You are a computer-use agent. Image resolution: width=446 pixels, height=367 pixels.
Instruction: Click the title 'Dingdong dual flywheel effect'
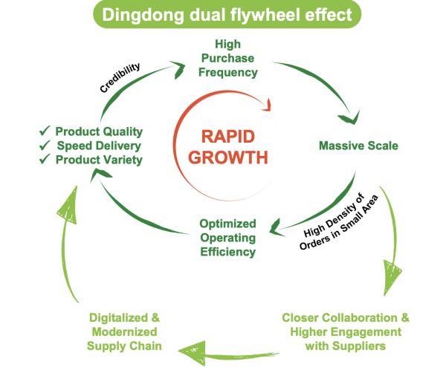[x=224, y=15]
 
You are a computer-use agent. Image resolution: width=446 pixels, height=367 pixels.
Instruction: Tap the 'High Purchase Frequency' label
[x=235, y=59]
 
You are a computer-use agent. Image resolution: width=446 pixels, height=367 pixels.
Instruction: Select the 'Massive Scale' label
[x=358, y=146]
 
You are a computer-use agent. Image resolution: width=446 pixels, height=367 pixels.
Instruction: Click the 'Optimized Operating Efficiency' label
[x=227, y=237]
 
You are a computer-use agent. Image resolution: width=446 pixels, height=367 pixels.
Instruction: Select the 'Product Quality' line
[x=99, y=131]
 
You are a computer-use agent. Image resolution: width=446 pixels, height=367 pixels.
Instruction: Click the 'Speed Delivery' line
[x=99, y=146]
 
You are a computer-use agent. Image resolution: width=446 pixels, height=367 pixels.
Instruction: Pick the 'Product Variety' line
[x=99, y=160]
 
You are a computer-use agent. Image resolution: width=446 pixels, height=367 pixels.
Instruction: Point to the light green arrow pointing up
[x=69, y=223]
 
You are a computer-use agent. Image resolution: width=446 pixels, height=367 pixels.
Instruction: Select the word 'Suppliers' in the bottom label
[x=357, y=345]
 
